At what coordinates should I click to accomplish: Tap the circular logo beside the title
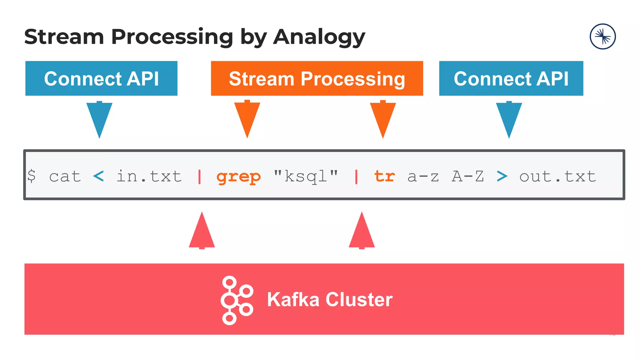pyautogui.click(x=602, y=37)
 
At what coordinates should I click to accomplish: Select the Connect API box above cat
pyautogui.click(x=101, y=78)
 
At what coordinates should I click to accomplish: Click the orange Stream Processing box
pyautogui.click(x=317, y=78)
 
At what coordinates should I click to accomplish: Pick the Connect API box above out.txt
pyautogui.click(x=511, y=78)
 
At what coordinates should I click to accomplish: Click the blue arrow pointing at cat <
pyautogui.click(x=99, y=119)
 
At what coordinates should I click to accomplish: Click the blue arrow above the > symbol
pyautogui.click(x=509, y=119)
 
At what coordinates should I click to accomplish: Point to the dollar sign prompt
pyautogui.click(x=31, y=176)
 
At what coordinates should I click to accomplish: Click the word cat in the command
pyautogui.click(x=65, y=177)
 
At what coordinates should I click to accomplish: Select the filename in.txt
pyautogui.click(x=149, y=176)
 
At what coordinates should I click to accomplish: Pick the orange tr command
pyautogui.click(x=384, y=176)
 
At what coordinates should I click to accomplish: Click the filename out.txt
pyautogui.click(x=557, y=177)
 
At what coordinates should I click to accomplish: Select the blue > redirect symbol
pyautogui.click(x=502, y=177)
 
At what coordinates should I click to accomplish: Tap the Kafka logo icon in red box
pyautogui.click(x=237, y=300)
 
